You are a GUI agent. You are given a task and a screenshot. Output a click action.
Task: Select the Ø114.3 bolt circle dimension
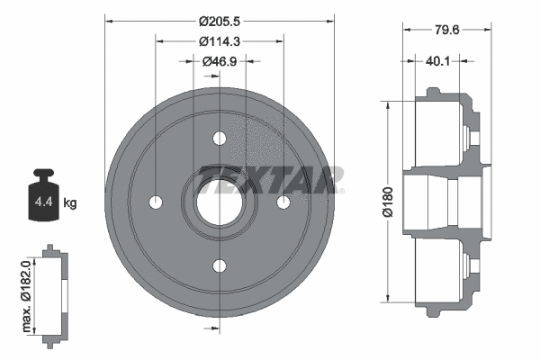click(220, 40)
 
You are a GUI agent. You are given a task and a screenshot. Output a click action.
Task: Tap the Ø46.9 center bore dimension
click(220, 61)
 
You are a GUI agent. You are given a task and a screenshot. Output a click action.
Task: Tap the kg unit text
click(70, 202)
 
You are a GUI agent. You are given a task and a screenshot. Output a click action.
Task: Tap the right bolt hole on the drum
click(283, 202)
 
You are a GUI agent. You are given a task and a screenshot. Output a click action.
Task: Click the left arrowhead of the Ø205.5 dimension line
click(110, 19)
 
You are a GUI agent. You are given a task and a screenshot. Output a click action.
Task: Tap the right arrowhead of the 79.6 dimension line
click(490, 31)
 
